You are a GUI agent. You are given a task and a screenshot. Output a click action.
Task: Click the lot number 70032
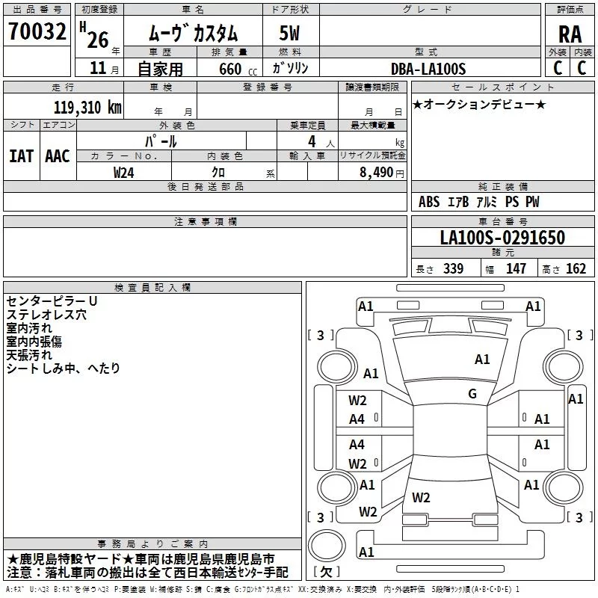click(37, 31)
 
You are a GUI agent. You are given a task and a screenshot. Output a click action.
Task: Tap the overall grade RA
click(570, 34)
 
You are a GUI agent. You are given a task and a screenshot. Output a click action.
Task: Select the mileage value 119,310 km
click(87, 108)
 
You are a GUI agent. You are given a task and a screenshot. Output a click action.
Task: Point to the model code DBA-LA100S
click(428, 69)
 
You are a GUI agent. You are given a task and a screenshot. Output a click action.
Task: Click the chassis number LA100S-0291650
click(502, 237)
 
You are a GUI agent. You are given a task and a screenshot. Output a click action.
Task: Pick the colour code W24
click(123, 173)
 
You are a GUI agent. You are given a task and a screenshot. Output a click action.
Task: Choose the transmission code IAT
click(21, 156)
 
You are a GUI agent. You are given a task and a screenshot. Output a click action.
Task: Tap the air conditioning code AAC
click(58, 156)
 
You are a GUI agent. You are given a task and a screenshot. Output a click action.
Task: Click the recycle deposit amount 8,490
click(376, 172)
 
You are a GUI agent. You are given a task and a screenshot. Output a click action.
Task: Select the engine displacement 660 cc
click(238, 69)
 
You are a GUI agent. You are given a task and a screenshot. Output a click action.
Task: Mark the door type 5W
click(289, 33)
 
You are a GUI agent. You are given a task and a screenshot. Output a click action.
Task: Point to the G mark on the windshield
click(472, 393)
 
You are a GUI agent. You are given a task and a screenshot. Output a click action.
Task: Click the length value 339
click(453, 268)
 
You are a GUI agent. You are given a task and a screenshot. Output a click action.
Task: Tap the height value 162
click(576, 268)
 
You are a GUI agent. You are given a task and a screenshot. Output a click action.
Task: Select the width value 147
click(516, 268)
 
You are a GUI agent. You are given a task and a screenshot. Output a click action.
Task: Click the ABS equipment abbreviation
click(429, 201)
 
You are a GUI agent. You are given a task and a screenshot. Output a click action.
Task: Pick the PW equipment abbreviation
click(532, 201)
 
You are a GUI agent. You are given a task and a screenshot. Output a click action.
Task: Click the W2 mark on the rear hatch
click(421, 497)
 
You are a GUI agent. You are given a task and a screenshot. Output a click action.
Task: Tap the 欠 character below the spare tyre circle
click(327, 572)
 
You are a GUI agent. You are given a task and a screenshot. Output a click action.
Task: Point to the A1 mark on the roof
click(482, 359)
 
